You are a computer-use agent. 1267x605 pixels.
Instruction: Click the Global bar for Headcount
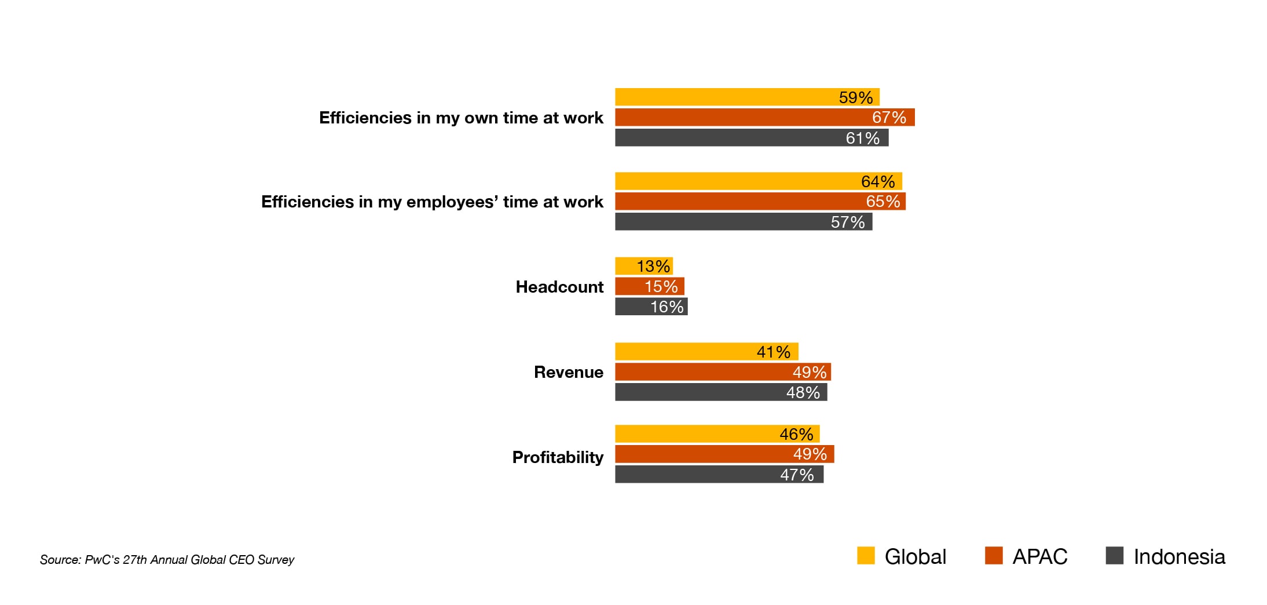tap(643, 266)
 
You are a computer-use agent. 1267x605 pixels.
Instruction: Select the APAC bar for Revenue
tap(722, 372)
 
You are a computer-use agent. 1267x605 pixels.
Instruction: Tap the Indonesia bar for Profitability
tap(719, 475)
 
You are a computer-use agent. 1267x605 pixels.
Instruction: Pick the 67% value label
tap(889, 118)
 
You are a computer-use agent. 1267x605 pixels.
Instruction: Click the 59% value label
tap(855, 97)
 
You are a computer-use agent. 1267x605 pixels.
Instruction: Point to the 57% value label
tap(847, 222)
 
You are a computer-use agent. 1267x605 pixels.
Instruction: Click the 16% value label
tap(667, 307)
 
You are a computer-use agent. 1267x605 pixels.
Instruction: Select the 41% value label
tap(773, 352)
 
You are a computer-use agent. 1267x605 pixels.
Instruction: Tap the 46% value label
tap(796, 434)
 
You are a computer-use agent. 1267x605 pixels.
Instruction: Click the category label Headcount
tap(559, 287)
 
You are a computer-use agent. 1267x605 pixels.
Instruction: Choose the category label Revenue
tap(568, 372)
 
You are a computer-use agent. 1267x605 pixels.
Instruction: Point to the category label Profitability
tap(558, 457)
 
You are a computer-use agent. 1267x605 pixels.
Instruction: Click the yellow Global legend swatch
tap(866, 556)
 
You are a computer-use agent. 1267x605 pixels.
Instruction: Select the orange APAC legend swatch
tap(994, 556)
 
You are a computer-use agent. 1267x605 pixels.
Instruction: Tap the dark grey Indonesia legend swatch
tap(1115, 556)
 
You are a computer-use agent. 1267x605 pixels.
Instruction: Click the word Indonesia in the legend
tap(1179, 557)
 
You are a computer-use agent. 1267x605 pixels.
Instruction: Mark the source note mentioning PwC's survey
tap(167, 560)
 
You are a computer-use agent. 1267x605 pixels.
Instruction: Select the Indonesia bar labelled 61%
tap(751, 138)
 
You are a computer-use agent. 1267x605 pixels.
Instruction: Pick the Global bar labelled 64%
tap(758, 181)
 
